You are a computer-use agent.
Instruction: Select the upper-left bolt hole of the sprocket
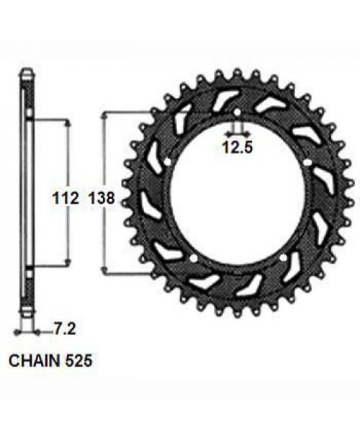(x=168, y=163)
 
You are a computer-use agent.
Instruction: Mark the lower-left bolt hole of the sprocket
(x=194, y=257)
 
